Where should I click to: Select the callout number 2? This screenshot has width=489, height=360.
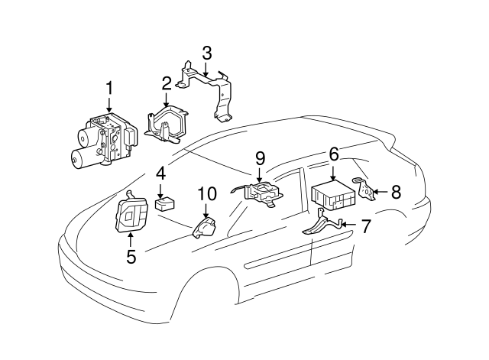(x=166, y=83)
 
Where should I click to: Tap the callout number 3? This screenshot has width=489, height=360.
(x=206, y=53)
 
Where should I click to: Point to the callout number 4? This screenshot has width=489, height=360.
(x=160, y=174)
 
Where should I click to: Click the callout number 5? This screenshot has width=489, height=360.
(x=131, y=257)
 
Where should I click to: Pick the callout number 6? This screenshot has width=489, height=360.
(x=333, y=154)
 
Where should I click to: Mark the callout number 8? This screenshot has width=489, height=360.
(x=395, y=192)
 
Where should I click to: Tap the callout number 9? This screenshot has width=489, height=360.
(x=260, y=159)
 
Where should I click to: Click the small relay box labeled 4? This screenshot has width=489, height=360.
(x=164, y=204)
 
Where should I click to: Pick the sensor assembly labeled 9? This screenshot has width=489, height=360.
(x=261, y=192)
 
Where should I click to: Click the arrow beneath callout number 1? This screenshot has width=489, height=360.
(x=109, y=106)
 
